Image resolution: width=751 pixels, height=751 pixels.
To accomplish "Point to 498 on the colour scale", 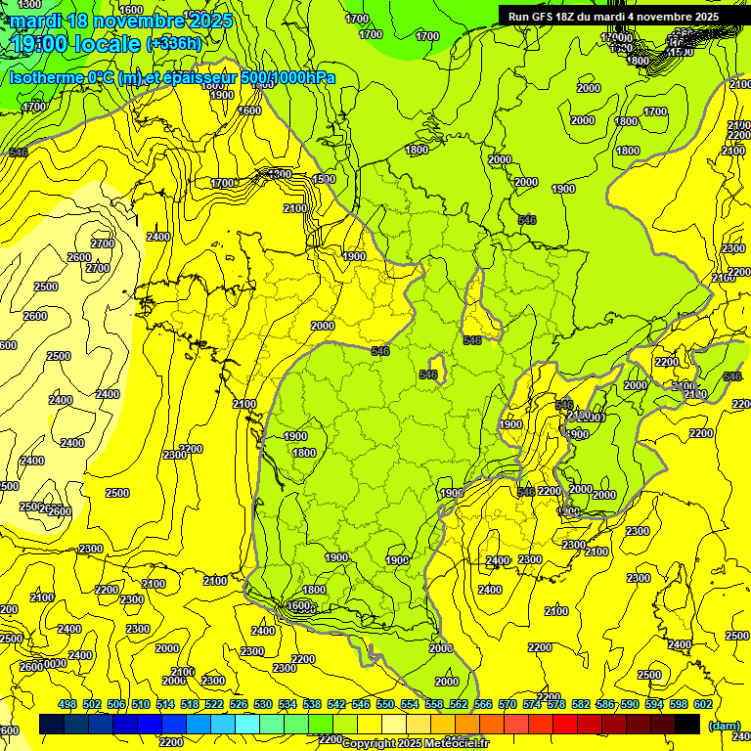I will (67, 705).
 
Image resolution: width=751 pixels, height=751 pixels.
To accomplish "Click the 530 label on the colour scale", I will (263, 705).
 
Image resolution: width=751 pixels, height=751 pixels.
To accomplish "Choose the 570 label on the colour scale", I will (508, 705).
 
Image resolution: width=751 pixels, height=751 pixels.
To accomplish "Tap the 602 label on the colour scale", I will (702, 705).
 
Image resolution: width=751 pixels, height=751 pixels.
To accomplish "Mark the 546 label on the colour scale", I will (361, 705).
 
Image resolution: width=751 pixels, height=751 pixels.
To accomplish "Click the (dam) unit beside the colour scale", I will (725, 725).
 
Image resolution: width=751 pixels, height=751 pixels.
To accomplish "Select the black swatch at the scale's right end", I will (687, 724).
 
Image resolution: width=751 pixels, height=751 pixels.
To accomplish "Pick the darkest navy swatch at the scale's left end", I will (52, 724).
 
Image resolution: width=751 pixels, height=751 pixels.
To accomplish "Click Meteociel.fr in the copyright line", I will (457, 744).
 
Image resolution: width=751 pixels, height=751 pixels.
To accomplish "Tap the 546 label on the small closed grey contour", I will (428, 375).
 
